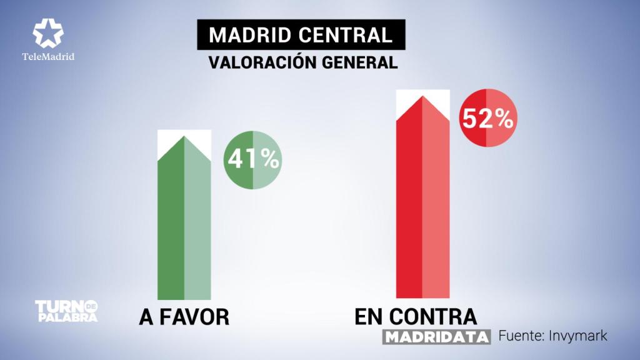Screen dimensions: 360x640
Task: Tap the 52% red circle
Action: click(487, 118)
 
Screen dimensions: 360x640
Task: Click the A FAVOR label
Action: click(184, 317)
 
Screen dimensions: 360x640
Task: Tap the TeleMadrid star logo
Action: click(47, 33)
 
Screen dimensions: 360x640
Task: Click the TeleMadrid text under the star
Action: click(48, 56)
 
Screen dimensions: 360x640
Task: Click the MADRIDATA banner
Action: click(436, 337)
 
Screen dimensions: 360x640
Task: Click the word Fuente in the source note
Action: click(521, 336)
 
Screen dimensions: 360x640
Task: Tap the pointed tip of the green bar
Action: click(184, 137)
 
